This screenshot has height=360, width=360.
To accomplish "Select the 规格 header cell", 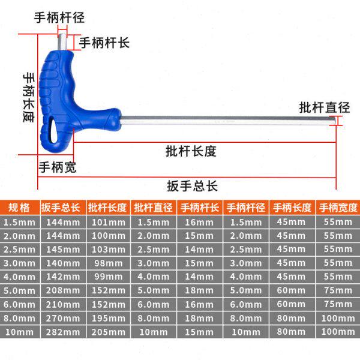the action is click(x=19, y=208).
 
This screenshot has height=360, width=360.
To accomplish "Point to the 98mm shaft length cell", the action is click(x=107, y=263).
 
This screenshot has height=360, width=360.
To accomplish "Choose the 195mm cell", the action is click(x=107, y=318).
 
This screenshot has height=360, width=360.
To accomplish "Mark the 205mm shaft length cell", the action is click(x=107, y=332).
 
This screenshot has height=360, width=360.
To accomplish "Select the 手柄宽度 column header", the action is click(x=338, y=208).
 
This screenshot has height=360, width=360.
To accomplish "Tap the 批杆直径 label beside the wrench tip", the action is click(x=325, y=108).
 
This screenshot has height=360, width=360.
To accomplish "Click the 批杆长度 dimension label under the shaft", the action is click(x=191, y=151).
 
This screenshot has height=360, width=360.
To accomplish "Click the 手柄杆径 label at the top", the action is click(x=58, y=17).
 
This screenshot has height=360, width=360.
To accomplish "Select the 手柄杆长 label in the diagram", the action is click(x=104, y=43).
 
